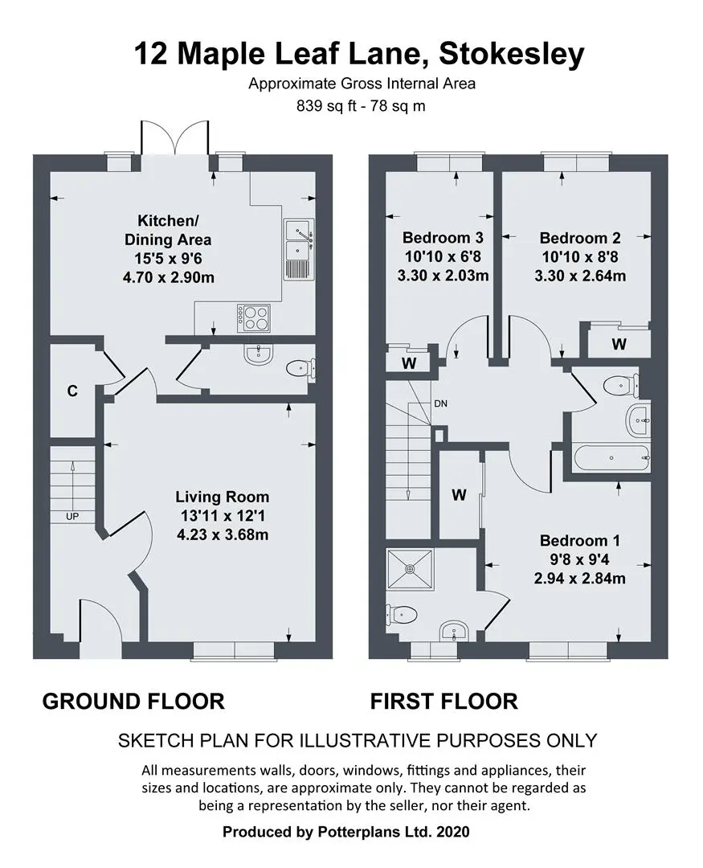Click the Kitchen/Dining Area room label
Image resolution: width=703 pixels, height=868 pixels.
[x=168, y=231]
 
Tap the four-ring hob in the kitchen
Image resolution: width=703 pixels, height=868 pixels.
[x=254, y=318]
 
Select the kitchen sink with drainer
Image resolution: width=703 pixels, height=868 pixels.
[x=299, y=248]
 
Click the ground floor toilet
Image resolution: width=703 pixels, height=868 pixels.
[x=300, y=368]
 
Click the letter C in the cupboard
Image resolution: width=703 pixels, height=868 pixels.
[x=72, y=391]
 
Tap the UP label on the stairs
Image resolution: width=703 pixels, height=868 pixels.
[x=72, y=517]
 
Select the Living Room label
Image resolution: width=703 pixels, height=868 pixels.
[x=223, y=497]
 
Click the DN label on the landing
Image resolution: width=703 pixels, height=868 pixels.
[x=440, y=403]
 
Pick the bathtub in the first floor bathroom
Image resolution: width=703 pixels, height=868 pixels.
[x=611, y=458]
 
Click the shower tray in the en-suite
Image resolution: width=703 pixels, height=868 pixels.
[x=411, y=570]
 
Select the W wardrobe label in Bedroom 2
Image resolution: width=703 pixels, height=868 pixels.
[x=619, y=344]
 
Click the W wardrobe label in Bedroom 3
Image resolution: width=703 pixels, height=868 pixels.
[x=409, y=364]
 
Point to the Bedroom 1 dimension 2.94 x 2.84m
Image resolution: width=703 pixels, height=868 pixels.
[x=580, y=579]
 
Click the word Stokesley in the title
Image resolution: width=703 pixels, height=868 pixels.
[x=511, y=55]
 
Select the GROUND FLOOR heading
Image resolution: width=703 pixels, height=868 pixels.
[x=133, y=702]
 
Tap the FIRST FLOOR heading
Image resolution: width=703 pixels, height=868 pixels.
[x=444, y=702]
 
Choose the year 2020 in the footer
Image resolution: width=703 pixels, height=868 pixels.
[x=453, y=832]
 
